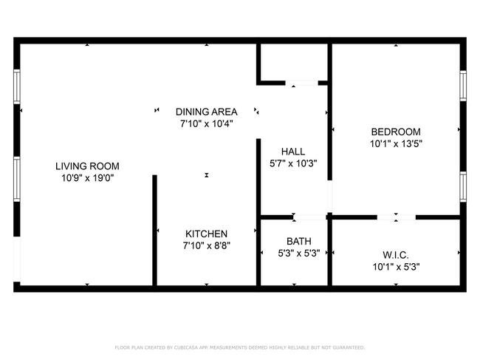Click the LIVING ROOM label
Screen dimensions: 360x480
(90, 166)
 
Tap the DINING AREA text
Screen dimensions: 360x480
(206, 112)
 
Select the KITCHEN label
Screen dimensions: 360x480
(206, 234)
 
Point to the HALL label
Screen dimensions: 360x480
(293, 152)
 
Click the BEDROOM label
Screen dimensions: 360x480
(396, 132)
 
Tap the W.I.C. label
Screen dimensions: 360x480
(396, 254)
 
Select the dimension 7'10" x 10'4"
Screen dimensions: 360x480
(206, 123)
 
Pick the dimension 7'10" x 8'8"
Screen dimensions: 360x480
(206, 245)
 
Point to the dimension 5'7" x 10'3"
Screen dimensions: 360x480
(293, 163)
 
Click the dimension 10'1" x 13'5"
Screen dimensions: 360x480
(396, 143)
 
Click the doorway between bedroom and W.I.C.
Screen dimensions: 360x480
(396, 217)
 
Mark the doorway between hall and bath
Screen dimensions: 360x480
(310, 217)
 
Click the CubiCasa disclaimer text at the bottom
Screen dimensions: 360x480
(239, 347)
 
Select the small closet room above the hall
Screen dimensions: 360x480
(294, 63)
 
